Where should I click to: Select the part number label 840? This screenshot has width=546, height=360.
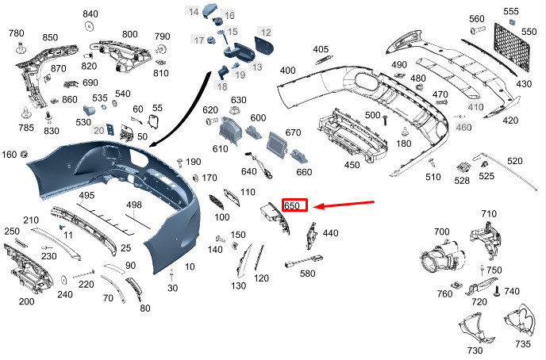click(90, 14)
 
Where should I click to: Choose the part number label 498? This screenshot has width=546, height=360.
click(134, 205)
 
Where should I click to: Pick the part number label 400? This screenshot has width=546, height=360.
click(287, 71)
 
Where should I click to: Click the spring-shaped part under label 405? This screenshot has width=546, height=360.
click(321, 63)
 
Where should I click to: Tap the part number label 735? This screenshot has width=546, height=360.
click(522, 344)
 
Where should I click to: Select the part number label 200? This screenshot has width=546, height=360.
click(26, 302)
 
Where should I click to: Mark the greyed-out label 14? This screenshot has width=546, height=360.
click(194, 10)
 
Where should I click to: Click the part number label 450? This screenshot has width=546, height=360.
click(352, 165)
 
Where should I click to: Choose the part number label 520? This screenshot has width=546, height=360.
click(515, 161)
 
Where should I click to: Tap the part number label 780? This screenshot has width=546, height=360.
click(17, 33)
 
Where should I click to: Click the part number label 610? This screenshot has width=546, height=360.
click(220, 149)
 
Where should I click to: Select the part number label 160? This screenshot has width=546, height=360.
click(10, 154)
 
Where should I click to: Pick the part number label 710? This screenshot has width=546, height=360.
click(488, 214)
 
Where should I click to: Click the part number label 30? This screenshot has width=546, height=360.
click(172, 288)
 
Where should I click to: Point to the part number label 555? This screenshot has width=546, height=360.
click(511, 11)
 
